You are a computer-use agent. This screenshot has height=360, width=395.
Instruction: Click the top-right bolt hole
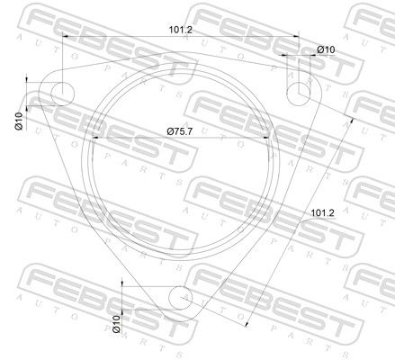(299, 94)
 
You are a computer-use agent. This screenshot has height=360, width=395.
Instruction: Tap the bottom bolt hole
(181, 298)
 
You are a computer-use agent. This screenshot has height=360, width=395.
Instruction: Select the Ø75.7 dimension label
(180, 131)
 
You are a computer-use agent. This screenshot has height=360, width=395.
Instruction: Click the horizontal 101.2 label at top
(181, 30)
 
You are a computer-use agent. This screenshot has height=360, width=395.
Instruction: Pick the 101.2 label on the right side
(322, 213)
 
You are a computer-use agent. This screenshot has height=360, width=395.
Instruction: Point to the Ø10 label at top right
(326, 49)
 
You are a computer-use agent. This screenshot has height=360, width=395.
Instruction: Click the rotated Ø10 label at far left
(19, 121)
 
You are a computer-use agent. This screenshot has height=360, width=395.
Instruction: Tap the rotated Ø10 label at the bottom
(116, 324)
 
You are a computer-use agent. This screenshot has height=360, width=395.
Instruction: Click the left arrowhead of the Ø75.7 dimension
(95, 138)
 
